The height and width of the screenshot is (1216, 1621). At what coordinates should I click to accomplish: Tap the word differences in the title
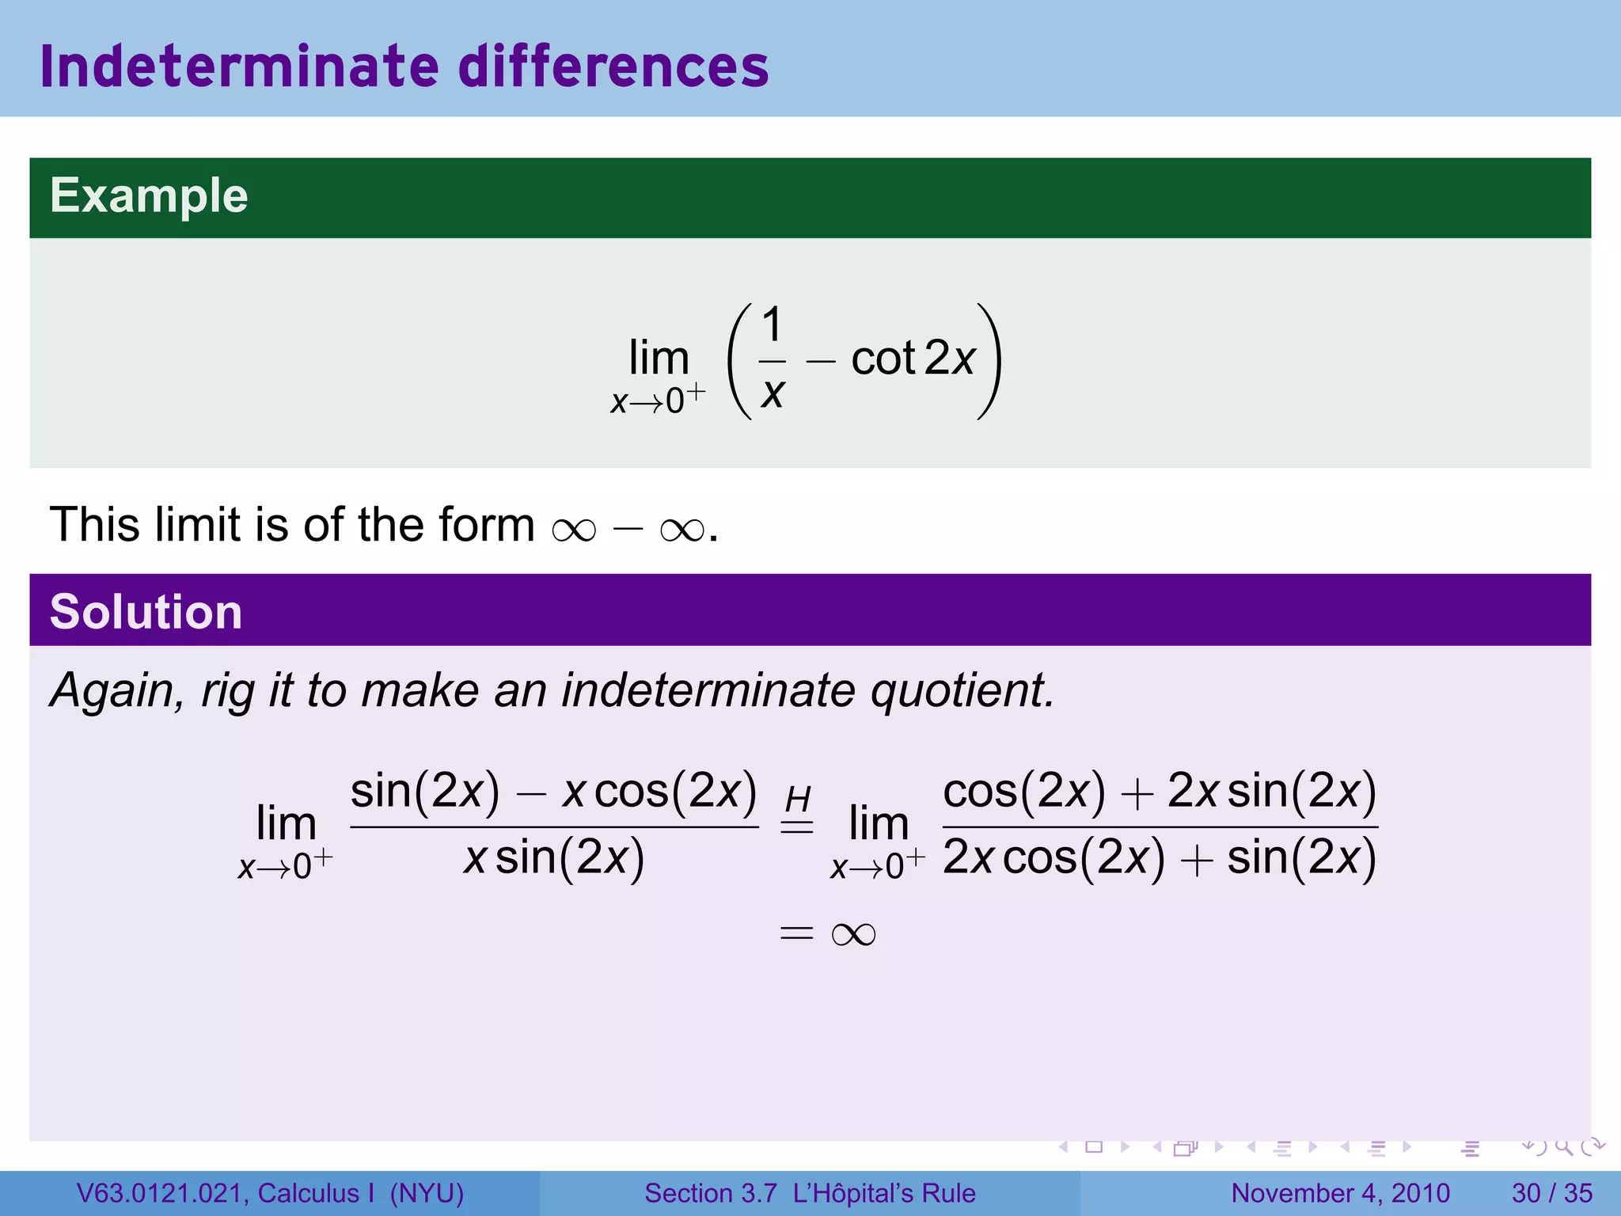[613, 66]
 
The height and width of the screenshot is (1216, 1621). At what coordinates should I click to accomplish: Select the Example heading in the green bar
[149, 196]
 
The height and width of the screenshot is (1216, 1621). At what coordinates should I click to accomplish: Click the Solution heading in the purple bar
[146, 612]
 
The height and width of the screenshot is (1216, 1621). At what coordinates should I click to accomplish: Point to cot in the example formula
[883, 359]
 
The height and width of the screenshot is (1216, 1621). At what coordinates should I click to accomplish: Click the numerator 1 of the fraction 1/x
[772, 325]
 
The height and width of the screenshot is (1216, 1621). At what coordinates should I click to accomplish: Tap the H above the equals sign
[798, 799]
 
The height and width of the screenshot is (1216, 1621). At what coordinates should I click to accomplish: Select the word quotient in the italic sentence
[962, 690]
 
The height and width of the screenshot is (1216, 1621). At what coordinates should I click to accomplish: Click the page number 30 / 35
[1551, 1193]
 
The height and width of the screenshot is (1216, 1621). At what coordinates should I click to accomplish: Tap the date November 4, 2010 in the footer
[1340, 1193]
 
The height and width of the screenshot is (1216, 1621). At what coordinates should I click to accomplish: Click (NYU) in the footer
[427, 1193]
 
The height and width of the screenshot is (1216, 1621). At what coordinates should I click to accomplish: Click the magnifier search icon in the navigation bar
[1563, 1146]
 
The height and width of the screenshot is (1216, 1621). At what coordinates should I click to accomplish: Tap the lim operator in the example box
[659, 359]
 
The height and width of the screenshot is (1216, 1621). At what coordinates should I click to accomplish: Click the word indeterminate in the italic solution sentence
[708, 690]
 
